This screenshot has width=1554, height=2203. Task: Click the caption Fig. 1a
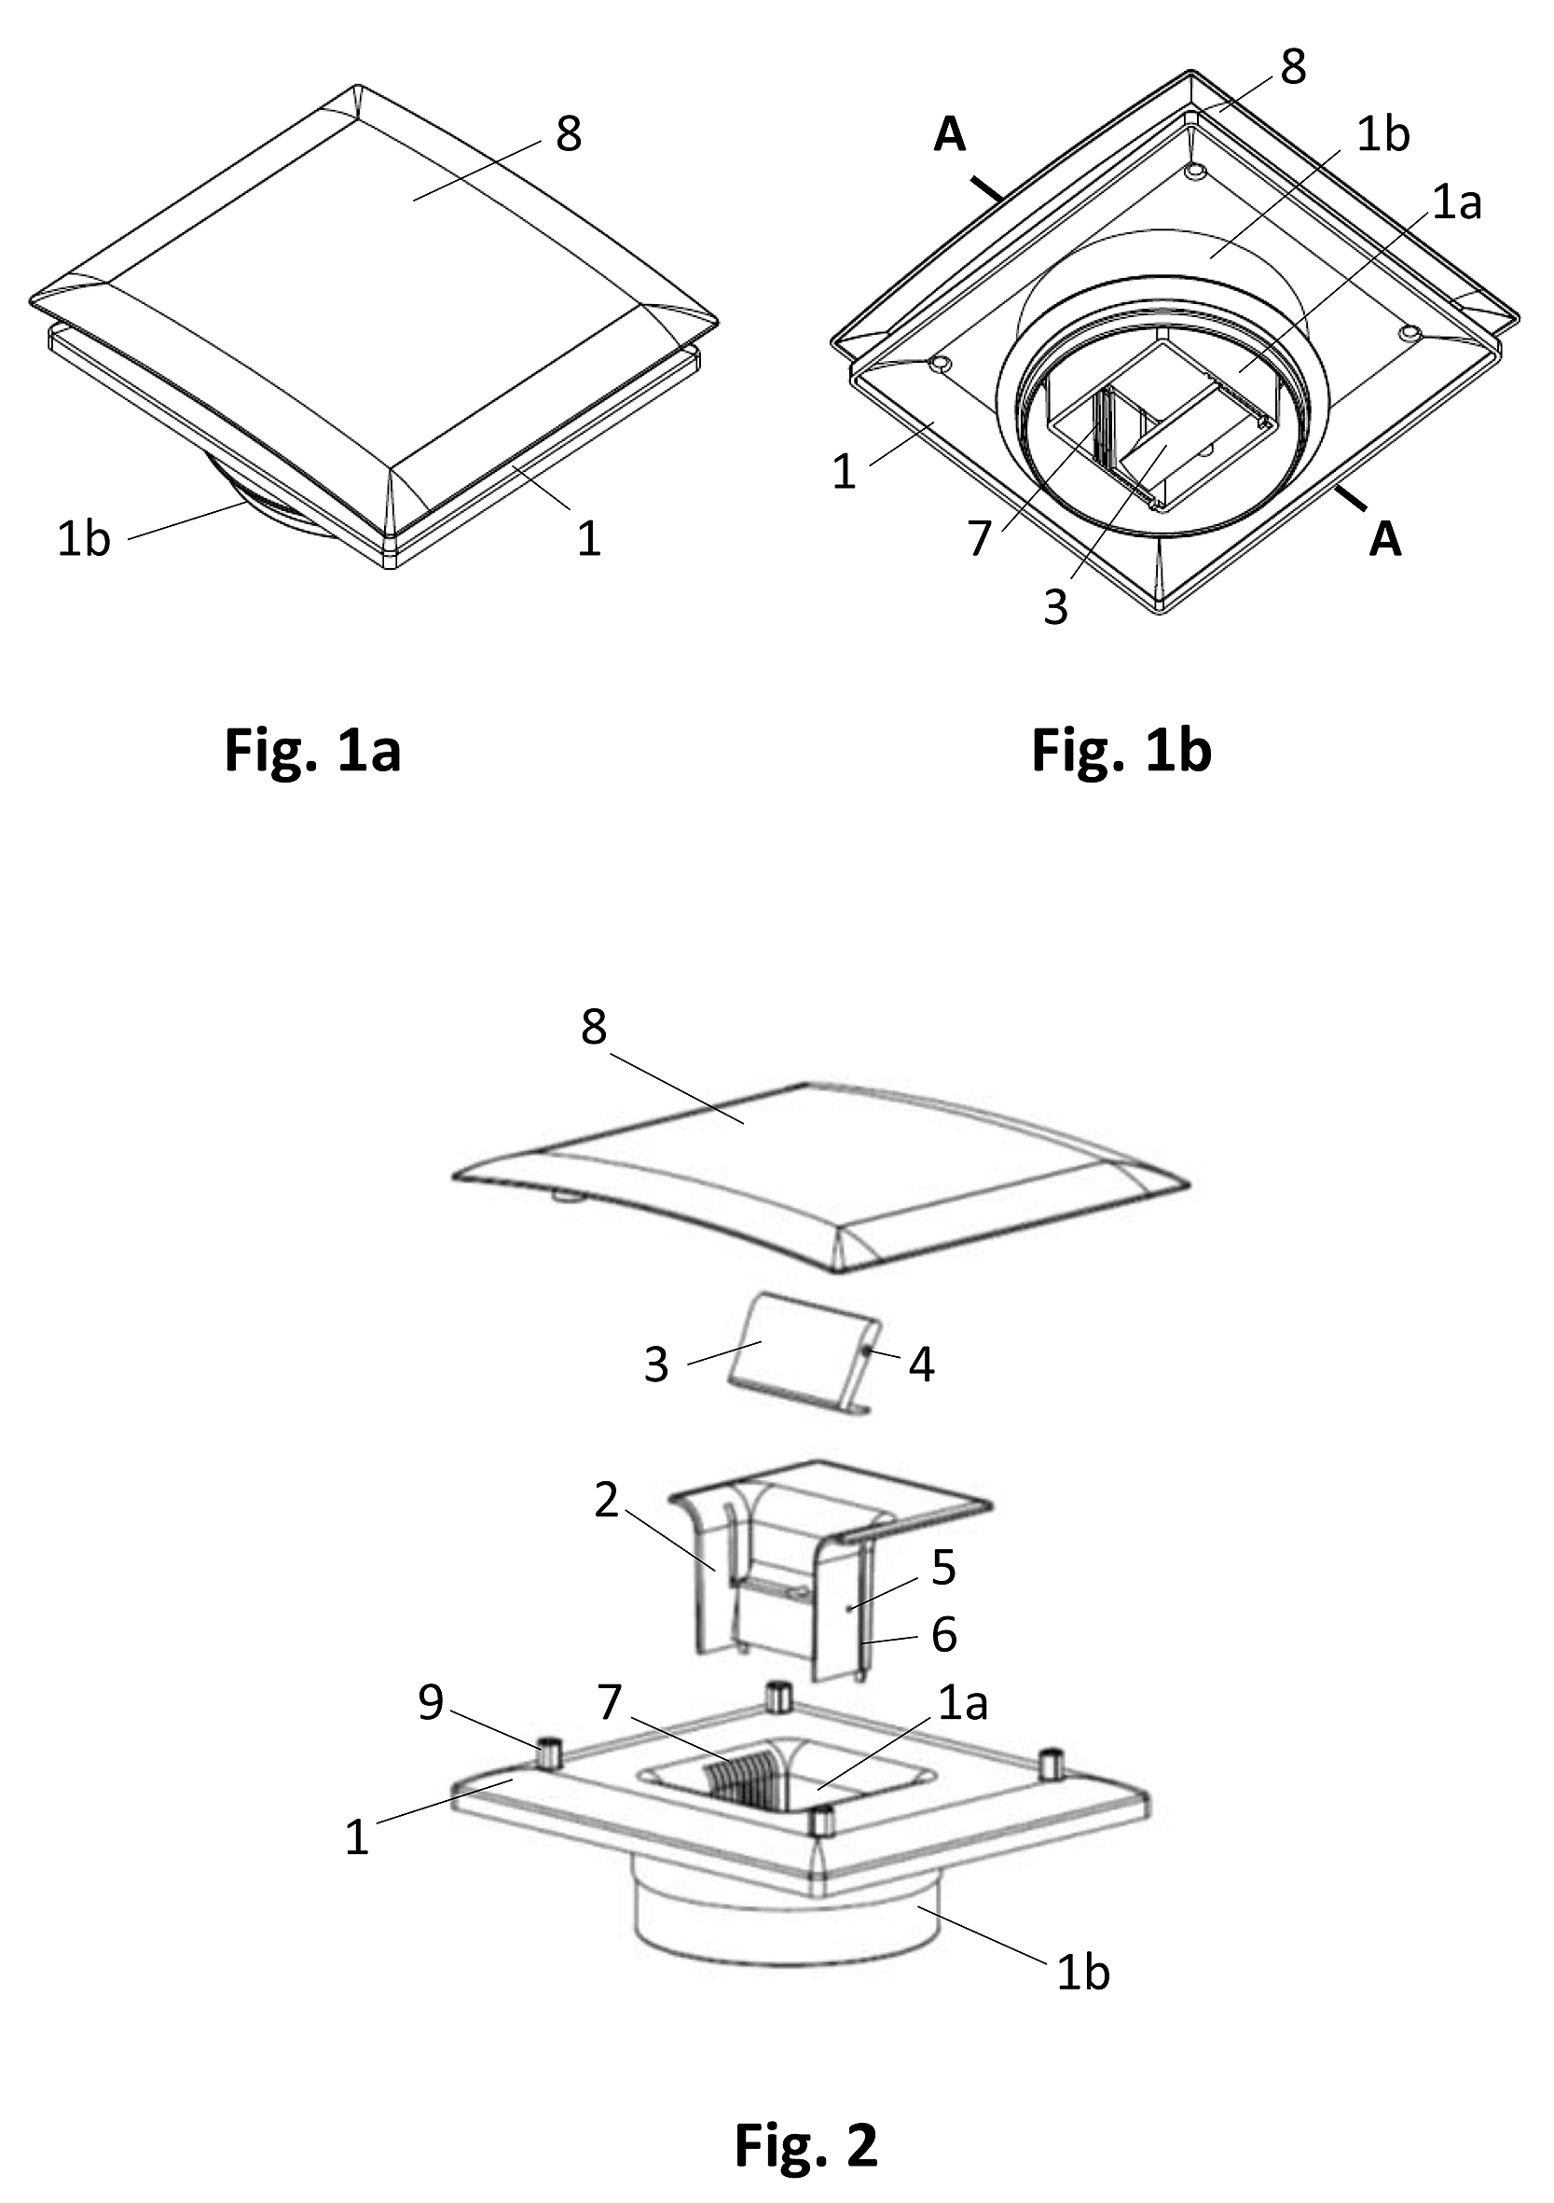(311, 750)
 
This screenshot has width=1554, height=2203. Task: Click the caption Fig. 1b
(1121, 750)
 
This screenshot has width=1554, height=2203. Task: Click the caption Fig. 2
(805, 2117)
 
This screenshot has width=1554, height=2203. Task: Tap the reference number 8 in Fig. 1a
(569, 134)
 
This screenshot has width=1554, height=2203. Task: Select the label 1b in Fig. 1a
(85, 539)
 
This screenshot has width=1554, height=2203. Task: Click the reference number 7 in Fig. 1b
(979, 539)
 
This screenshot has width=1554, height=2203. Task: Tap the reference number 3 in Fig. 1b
(1056, 607)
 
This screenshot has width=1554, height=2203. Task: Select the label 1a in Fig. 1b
(1457, 202)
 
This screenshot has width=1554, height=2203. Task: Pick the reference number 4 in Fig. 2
(922, 1365)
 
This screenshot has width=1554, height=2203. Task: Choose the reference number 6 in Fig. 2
(944, 1634)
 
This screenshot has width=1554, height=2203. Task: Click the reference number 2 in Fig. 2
(606, 1501)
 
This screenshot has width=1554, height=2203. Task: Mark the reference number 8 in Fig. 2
(594, 1028)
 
